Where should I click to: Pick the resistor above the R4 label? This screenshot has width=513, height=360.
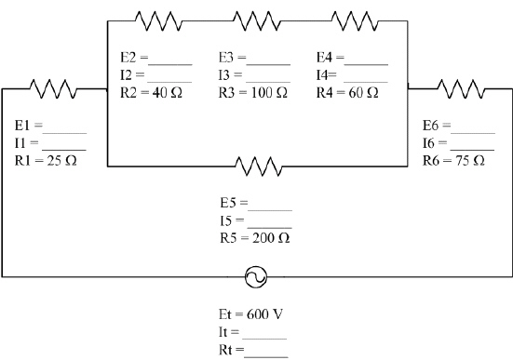click(x=355, y=19)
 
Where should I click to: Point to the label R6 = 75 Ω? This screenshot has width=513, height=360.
click(x=452, y=160)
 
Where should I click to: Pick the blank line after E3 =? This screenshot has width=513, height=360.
click(x=270, y=61)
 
